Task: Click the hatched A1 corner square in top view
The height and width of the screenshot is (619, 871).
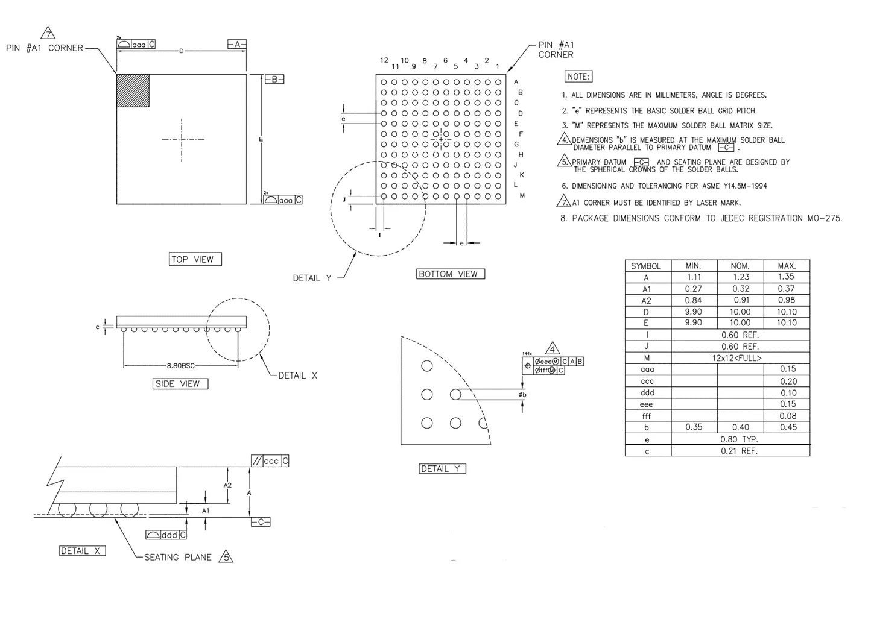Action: click(133, 90)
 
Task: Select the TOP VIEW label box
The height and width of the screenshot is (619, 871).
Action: click(195, 259)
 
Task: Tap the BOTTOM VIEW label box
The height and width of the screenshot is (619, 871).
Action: click(450, 274)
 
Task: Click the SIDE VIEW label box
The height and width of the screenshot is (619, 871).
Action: click(180, 384)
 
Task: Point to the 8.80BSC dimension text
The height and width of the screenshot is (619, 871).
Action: click(180, 366)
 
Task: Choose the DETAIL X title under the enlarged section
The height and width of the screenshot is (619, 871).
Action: click(82, 551)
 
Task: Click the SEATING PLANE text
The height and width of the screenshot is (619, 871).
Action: click(177, 558)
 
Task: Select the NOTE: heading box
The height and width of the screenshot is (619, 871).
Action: click(578, 77)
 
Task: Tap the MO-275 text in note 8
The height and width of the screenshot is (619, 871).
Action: click(825, 218)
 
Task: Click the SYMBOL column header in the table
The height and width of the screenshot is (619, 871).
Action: click(646, 266)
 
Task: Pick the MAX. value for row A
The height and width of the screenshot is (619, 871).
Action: click(786, 277)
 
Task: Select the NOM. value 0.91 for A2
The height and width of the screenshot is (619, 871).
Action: click(740, 300)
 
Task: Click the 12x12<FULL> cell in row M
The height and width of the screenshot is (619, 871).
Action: click(740, 358)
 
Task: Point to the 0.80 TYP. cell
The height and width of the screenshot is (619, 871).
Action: click(740, 439)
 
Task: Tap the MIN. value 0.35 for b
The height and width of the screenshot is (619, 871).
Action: click(694, 427)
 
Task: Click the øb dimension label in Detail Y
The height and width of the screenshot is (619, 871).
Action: click(522, 395)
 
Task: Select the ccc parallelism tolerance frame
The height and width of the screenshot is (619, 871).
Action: click(270, 461)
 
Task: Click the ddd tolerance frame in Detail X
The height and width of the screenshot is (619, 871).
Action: click(166, 535)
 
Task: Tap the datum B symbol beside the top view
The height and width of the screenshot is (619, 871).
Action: click(274, 79)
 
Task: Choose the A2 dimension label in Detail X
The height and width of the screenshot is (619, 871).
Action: click(227, 485)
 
